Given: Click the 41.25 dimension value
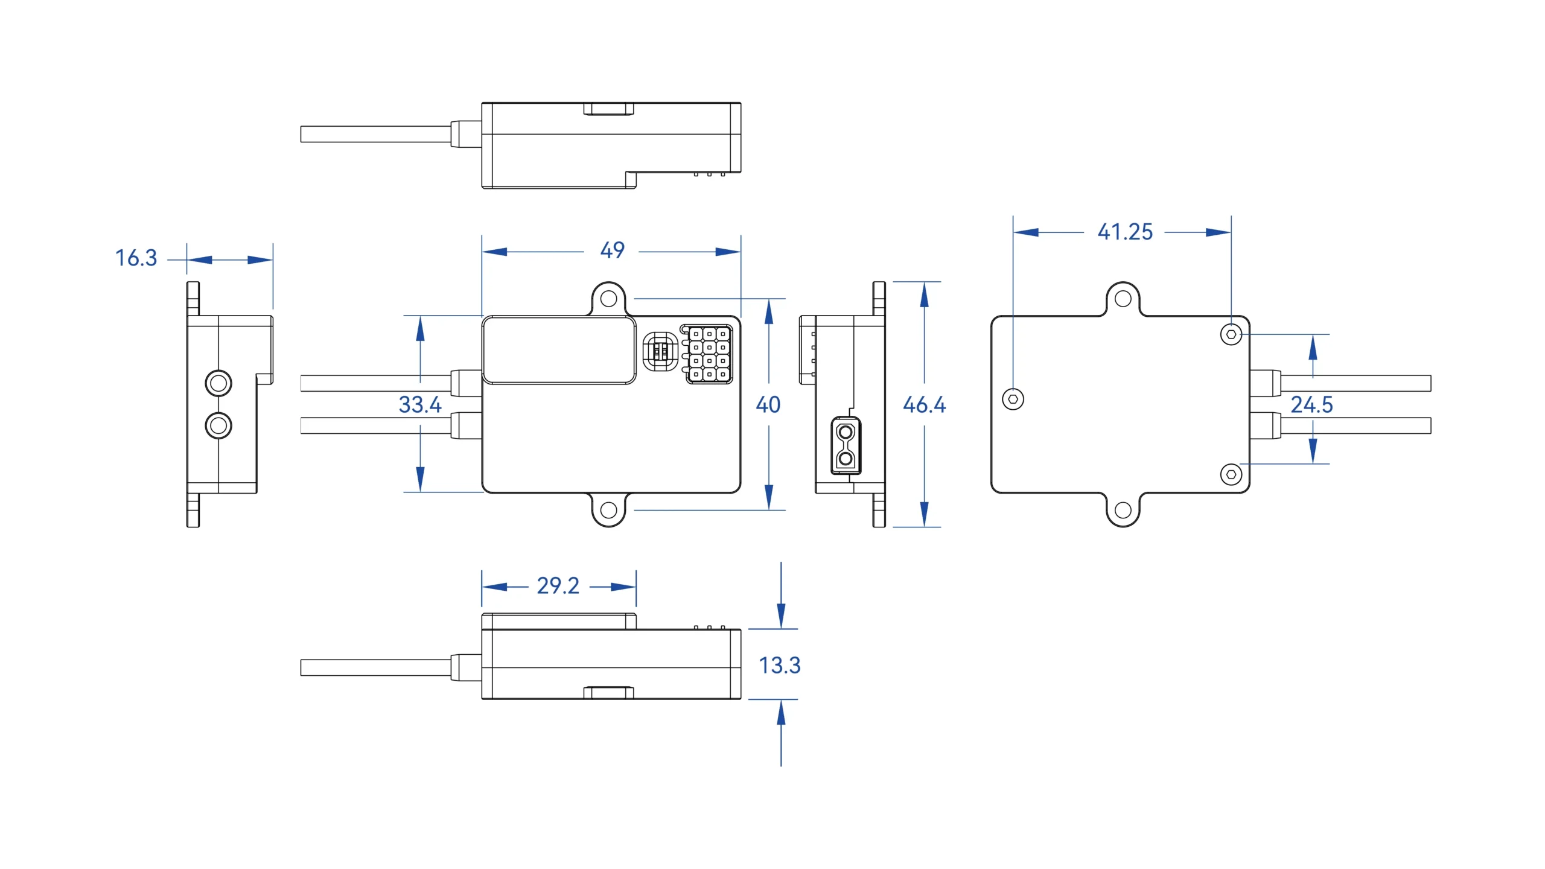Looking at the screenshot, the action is click(1125, 232).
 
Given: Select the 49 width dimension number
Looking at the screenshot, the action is click(612, 250).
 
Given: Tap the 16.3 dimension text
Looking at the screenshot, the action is click(136, 258).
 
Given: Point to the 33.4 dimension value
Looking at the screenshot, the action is click(420, 404).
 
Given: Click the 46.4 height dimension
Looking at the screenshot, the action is click(924, 405).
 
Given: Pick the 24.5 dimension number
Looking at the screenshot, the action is click(1312, 404).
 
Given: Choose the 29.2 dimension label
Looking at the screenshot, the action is click(558, 586).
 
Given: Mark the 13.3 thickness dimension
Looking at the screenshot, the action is click(779, 665).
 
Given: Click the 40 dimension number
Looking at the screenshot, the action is click(768, 405).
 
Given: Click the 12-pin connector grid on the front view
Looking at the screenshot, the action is click(709, 354).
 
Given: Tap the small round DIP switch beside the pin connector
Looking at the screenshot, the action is click(660, 352).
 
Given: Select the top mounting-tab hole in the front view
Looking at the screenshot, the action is click(609, 299).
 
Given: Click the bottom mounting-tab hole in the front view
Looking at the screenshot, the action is click(609, 510).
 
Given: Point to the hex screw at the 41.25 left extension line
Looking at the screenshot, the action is click(1013, 399).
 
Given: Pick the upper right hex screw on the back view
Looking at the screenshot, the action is click(1231, 334).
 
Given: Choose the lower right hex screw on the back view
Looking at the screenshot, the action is click(1231, 474).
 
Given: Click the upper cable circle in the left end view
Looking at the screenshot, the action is click(218, 383).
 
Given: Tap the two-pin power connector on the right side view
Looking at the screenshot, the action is click(846, 445).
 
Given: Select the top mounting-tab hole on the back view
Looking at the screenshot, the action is click(1123, 299).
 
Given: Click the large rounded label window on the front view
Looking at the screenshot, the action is click(559, 351).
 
